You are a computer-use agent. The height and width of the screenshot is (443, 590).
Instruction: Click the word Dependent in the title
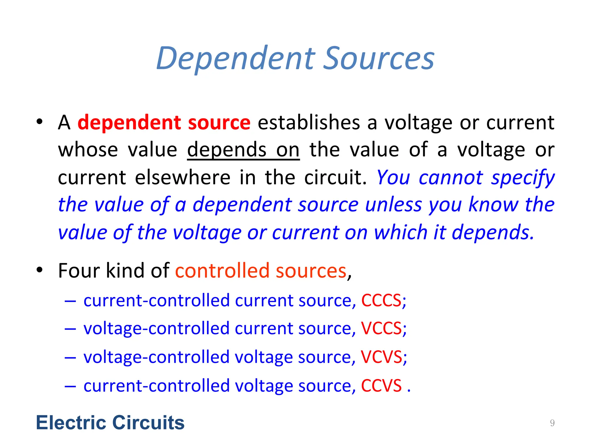point(235,59)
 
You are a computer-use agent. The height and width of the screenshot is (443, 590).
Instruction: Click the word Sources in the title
point(379,59)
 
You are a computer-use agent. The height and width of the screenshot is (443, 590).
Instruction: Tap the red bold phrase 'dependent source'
point(164,123)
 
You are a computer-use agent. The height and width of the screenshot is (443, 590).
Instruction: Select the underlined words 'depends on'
point(243,150)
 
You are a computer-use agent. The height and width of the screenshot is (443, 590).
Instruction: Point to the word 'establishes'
point(309,123)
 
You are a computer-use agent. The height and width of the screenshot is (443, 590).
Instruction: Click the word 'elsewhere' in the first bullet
point(183,177)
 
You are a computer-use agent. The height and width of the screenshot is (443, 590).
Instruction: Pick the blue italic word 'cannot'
point(451,177)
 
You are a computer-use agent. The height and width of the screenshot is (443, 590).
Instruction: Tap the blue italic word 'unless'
point(394,205)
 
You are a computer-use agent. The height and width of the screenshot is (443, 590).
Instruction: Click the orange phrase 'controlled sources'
point(261,271)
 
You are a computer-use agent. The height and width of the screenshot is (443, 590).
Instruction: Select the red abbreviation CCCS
point(381,301)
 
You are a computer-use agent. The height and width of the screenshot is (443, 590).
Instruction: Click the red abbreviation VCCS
point(381,329)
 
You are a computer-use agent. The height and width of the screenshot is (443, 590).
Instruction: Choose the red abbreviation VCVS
point(381,357)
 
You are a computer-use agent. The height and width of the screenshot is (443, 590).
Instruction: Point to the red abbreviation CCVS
point(381,386)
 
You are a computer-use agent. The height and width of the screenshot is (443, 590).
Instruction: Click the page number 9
point(552,423)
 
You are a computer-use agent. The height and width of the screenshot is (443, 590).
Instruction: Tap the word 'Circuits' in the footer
point(148,423)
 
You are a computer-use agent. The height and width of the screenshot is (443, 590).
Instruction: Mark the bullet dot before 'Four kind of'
point(39,270)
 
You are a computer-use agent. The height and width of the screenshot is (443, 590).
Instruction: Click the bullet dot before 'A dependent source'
point(39,122)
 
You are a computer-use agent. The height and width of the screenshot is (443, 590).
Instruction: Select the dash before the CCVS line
point(70,386)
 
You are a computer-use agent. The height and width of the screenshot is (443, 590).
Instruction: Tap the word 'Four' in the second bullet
point(79,271)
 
